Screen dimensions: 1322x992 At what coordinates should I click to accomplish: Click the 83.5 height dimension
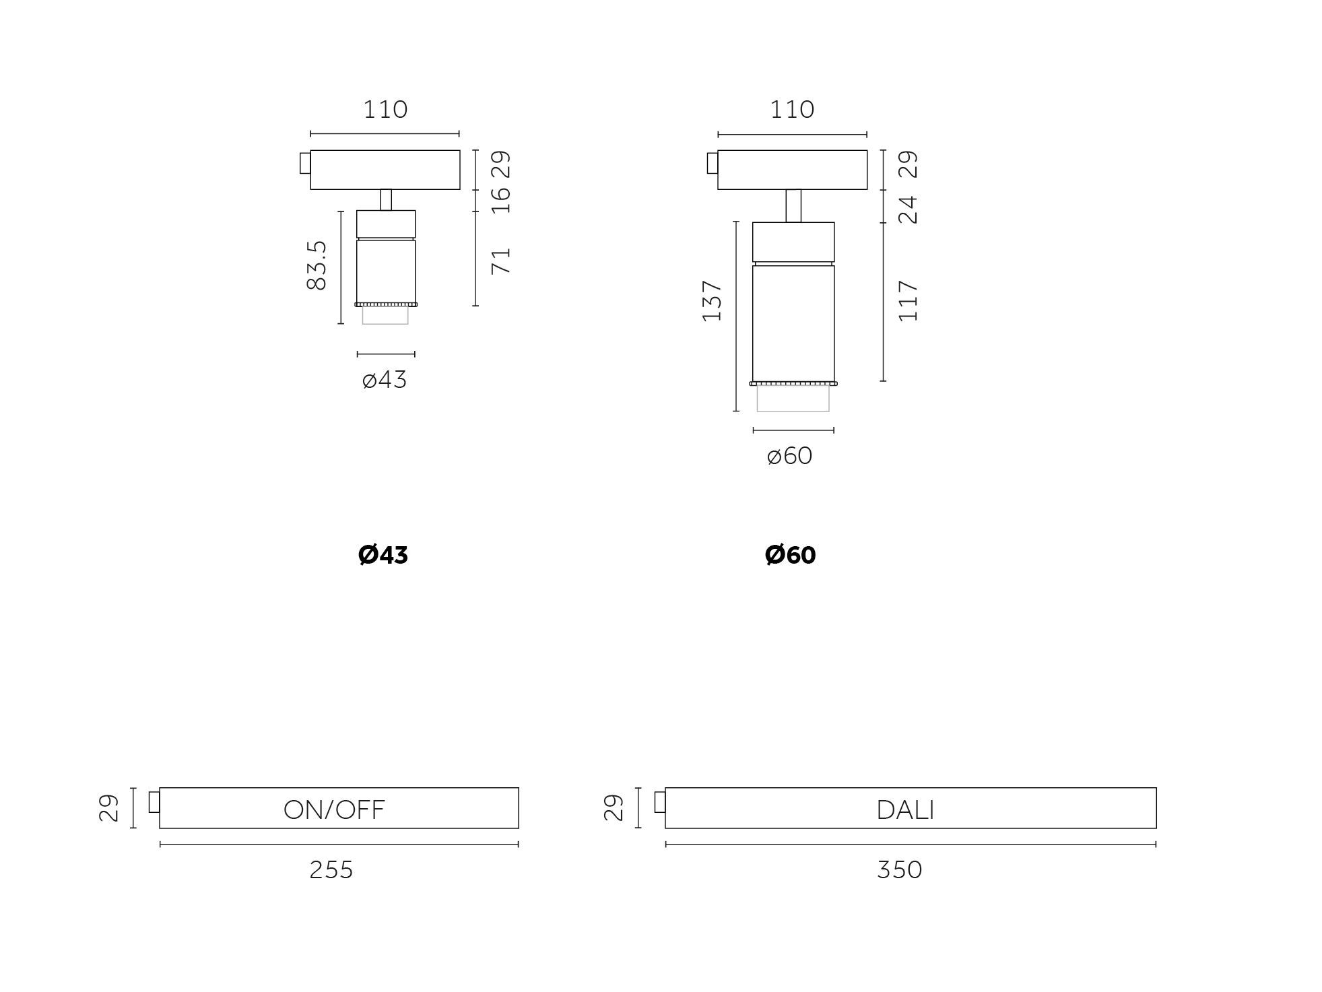coord(317,266)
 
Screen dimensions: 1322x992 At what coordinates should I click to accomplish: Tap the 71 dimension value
coord(501,261)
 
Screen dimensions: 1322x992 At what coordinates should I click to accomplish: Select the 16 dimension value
coord(501,200)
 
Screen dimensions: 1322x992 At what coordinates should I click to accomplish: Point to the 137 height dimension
coord(712,301)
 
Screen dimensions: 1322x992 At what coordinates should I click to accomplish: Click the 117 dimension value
coord(908,301)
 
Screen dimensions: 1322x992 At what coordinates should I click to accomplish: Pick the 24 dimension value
coord(908,209)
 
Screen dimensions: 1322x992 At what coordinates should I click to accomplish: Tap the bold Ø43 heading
coord(383,555)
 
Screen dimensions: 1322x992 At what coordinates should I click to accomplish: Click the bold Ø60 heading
coord(791,555)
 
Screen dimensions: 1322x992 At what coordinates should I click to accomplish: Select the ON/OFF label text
coord(334,809)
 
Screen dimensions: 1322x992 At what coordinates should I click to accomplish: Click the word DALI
coord(906,809)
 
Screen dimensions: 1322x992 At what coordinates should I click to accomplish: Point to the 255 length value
coord(331,870)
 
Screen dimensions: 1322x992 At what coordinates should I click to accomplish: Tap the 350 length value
coord(900,870)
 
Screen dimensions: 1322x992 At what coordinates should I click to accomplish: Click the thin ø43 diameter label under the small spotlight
coord(385,380)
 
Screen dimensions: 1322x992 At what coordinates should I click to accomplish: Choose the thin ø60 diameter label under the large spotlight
coord(790,456)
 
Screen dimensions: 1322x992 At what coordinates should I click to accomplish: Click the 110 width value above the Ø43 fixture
coord(386,109)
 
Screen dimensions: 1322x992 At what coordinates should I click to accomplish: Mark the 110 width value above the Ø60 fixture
coord(793,109)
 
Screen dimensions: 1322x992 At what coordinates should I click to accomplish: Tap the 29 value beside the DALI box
coord(614,807)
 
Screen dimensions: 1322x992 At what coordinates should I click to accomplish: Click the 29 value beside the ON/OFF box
coord(109,807)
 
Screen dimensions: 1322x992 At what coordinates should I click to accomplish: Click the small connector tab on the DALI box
coord(660,802)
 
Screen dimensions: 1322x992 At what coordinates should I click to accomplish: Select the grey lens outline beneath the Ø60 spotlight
coord(793,398)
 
